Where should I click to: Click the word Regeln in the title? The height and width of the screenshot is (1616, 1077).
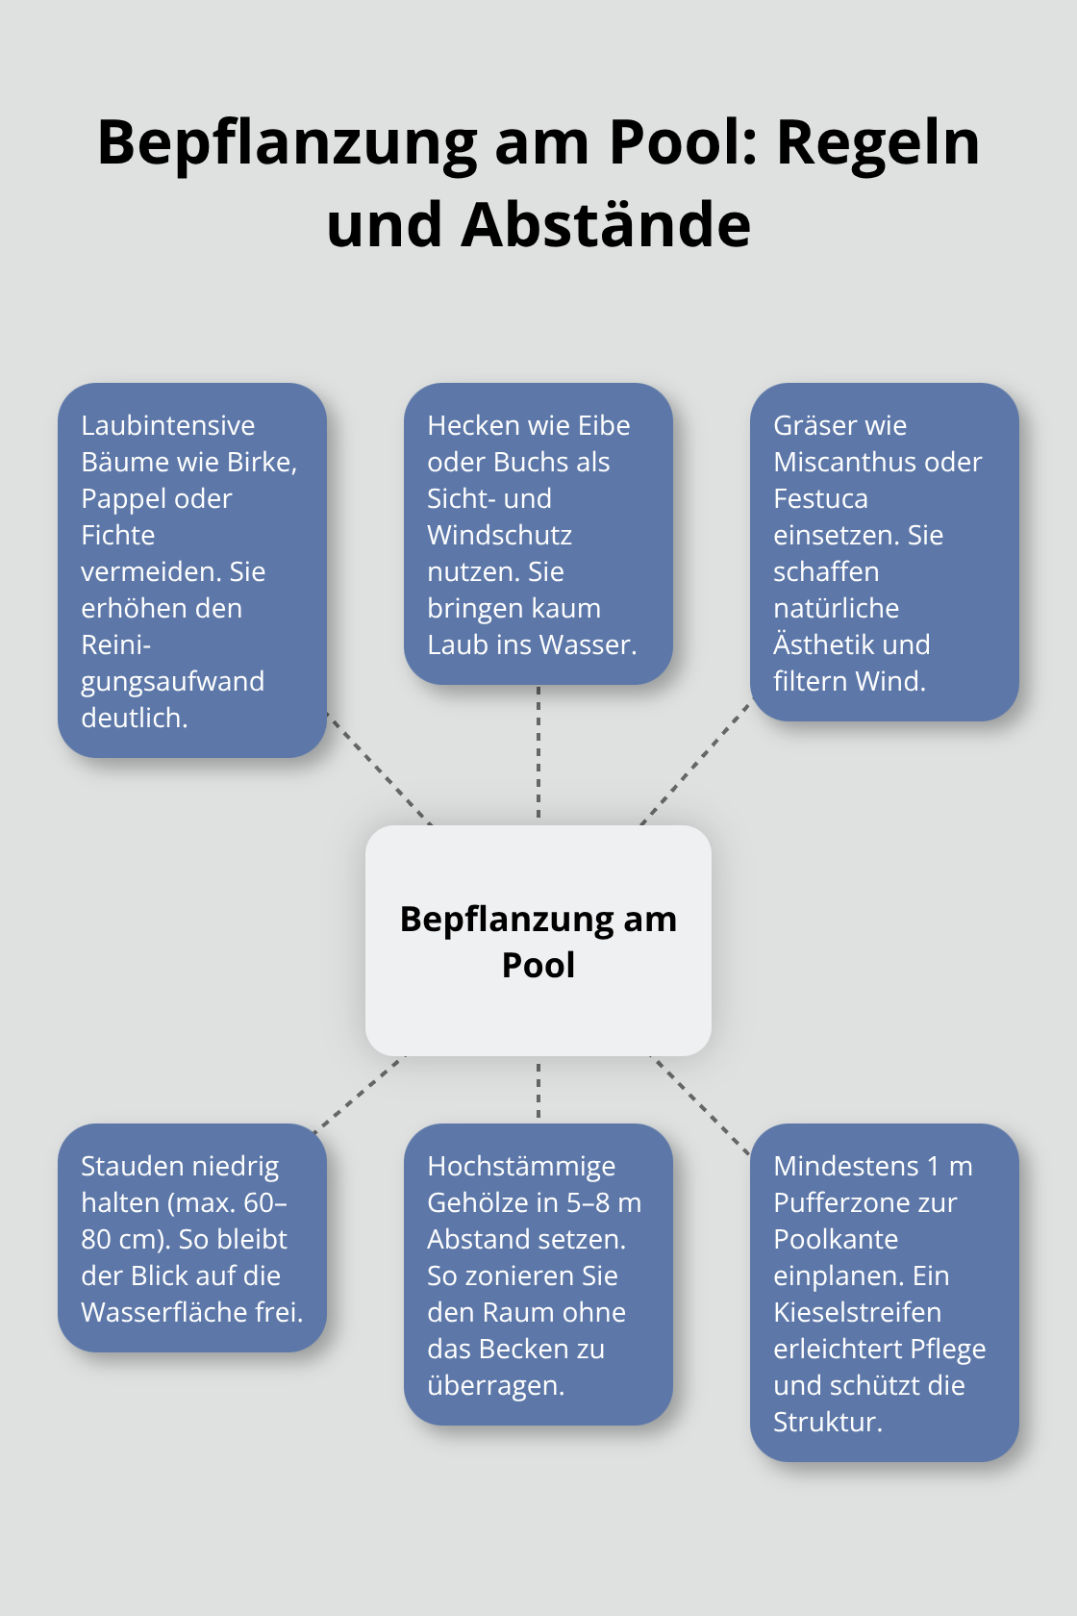point(877,142)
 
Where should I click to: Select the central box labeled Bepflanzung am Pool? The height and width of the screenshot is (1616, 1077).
point(538,941)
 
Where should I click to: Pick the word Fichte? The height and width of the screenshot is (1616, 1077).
point(117,536)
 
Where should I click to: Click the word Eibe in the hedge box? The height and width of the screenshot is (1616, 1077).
point(604,426)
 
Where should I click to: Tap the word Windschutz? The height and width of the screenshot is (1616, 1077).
point(499,536)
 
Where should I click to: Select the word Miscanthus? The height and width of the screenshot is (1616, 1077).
point(833,463)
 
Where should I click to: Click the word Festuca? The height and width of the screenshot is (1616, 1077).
point(820,499)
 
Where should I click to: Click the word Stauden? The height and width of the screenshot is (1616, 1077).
point(131,1167)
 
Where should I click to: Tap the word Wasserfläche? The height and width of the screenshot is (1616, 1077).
point(156,1313)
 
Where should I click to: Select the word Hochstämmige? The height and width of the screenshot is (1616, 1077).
point(521,1167)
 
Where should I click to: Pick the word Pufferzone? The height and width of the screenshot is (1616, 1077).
point(864,1203)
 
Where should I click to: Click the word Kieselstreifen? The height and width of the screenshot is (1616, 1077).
point(857,1313)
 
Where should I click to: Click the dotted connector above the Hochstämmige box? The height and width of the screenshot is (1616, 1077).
point(538,1090)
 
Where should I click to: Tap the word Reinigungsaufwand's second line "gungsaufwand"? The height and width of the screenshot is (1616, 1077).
point(172,682)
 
